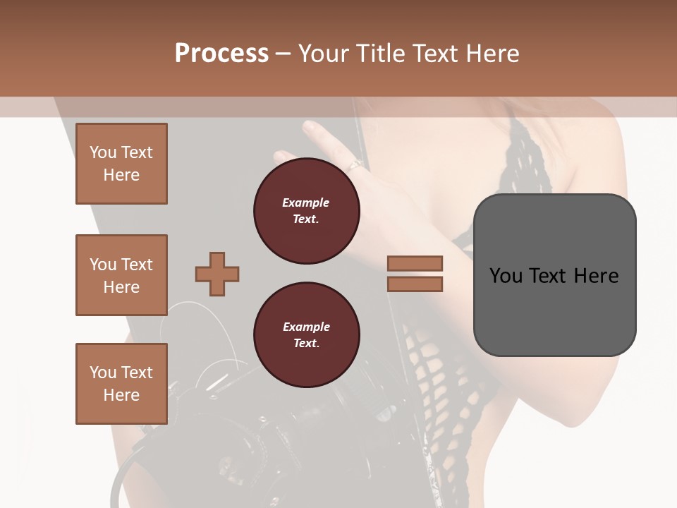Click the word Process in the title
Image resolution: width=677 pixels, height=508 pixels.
point(221,53)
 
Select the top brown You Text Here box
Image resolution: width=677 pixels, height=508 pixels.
point(121,164)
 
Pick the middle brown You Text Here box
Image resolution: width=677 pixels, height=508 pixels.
point(121,275)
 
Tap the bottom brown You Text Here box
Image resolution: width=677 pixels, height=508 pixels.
point(121,384)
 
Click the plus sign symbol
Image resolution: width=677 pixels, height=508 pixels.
point(217,274)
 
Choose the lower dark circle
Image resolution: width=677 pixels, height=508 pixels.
point(307,335)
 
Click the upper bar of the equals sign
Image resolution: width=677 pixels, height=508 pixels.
point(415,263)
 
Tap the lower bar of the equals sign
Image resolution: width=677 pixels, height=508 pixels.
point(415,284)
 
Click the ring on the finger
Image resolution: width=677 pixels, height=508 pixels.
point(354,166)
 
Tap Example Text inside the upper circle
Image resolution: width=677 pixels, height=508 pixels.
point(306,210)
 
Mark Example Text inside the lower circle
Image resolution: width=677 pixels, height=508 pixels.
point(306,335)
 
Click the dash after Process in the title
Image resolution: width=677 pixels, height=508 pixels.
point(283,54)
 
